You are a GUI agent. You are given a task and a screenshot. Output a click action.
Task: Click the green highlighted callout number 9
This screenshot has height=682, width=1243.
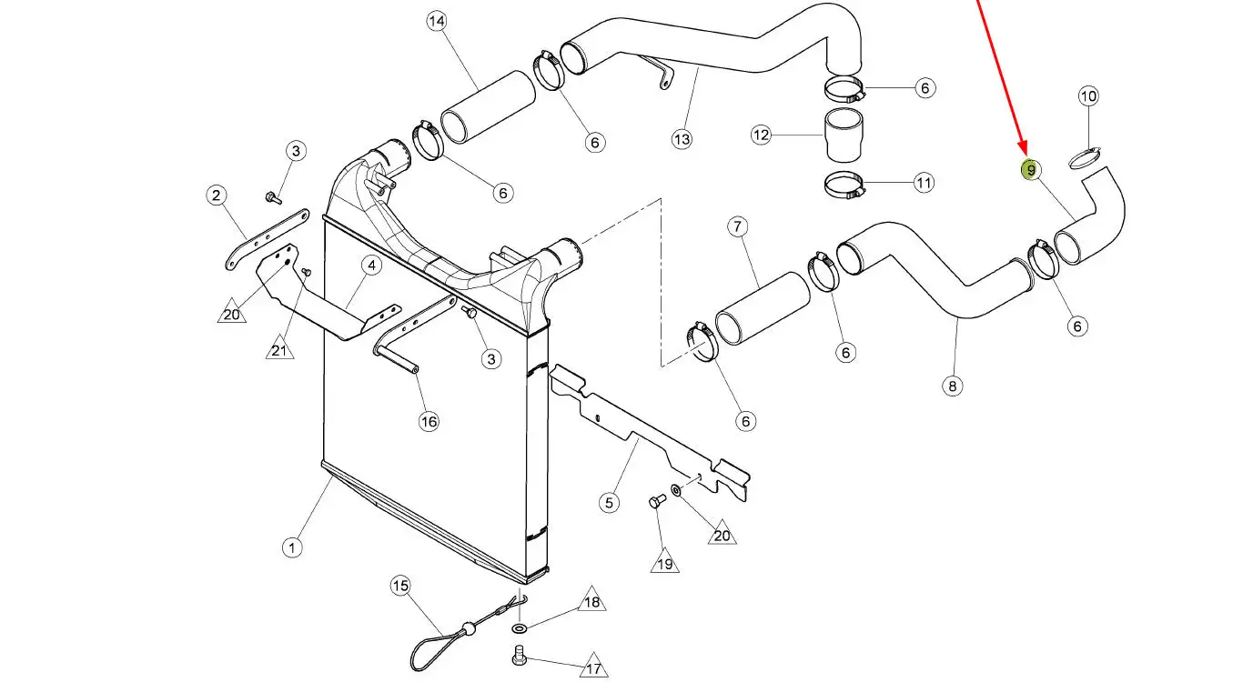click(x=1031, y=170)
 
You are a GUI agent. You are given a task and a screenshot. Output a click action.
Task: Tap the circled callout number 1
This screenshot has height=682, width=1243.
click(x=292, y=547)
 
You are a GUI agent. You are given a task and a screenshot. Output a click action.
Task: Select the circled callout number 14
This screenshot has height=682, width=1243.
click(x=437, y=21)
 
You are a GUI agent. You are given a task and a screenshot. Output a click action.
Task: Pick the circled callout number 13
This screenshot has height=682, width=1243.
click(x=682, y=138)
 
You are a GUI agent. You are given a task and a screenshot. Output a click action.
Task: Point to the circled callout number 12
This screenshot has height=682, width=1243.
click(x=761, y=135)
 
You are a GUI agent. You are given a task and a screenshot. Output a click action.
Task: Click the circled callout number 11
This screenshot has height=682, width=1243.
click(x=924, y=183)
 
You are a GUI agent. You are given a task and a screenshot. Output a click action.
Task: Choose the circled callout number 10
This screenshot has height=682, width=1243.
click(x=1088, y=96)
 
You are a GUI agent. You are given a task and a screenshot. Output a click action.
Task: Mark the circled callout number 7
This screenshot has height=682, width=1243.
click(x=737, y=226)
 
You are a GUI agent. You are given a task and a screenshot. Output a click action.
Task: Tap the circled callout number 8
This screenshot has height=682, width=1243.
click(x=952, y=386)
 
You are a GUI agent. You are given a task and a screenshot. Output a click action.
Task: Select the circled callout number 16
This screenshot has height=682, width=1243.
click(x=429, y=422)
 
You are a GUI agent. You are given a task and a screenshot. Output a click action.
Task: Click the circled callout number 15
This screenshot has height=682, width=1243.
click(x=400, y=586)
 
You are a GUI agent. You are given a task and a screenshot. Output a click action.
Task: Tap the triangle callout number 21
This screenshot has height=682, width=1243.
click(x=279, y=349)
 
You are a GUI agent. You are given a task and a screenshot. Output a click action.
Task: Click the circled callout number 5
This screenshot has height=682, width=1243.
click(x=610, y=503)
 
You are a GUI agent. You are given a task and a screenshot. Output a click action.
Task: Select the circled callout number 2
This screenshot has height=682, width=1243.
click(x=217, y=196)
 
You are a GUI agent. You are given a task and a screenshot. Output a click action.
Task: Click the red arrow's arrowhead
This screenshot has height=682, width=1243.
click(x=1025, y=147)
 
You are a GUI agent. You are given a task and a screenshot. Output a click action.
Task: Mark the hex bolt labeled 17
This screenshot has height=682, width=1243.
click(x=519, y=656)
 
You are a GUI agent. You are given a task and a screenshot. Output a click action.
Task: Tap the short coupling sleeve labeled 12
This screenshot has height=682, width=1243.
click(x=843, y=135)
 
